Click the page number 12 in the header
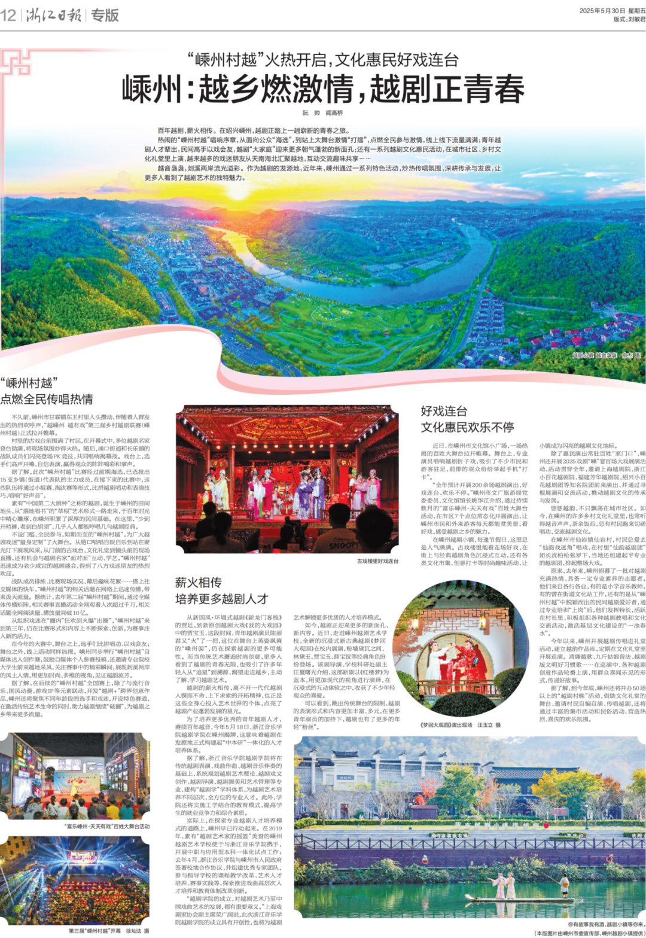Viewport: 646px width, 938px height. [8, 15]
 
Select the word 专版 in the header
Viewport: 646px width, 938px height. [105, 15]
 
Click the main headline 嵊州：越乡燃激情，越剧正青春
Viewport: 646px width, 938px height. [323, 89]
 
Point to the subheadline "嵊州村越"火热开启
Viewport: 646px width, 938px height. [323, 59]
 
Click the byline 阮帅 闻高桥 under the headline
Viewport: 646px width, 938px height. [322, 113]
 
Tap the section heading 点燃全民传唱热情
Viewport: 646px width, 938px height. [47, 399]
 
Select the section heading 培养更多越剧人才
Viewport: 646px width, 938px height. [221, 599]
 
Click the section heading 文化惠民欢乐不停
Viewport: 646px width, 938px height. [467, 427]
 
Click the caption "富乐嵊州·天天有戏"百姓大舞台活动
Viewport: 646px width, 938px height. [106, 826]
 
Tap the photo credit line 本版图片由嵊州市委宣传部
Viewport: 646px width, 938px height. [589, 933]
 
